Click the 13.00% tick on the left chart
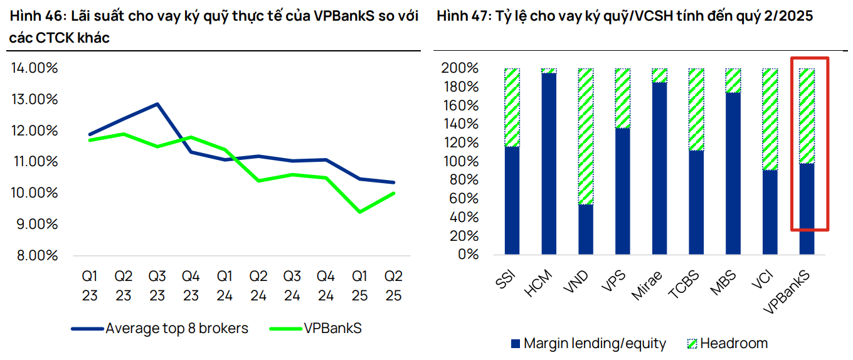pos(34,99)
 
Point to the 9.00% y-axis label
pos(34,224)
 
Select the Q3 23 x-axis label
pos(157,285)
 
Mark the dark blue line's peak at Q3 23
pos(157,104)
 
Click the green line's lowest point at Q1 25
pos(359,212)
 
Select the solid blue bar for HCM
pos(549,163)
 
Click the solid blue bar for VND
pos(586,229)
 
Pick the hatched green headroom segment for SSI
pos(512,107)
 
